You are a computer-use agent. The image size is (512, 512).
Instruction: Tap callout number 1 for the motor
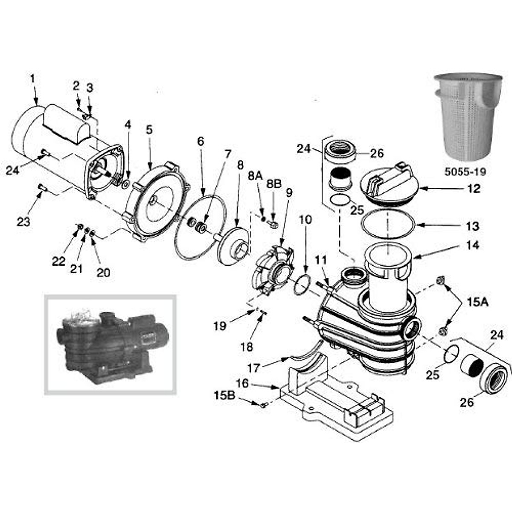click(32, 79)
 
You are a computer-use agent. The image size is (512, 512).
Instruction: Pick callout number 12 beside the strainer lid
click(474, 188)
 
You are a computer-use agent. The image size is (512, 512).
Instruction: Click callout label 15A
click(478, 303)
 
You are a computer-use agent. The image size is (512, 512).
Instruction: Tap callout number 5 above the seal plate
click(149, 130)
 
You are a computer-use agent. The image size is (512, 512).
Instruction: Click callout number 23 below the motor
click(23, 222)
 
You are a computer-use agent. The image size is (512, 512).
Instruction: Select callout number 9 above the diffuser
click(289, 193)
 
